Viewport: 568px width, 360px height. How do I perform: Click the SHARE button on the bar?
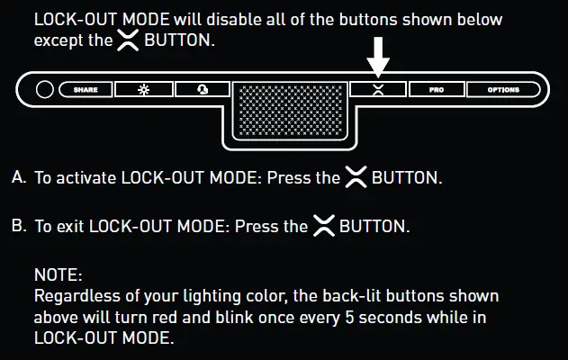coord(85,90)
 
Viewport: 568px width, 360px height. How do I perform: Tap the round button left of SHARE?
coord(44,90)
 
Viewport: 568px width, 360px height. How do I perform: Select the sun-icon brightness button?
coord(142,90)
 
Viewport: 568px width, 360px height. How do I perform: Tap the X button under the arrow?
coord(379,90)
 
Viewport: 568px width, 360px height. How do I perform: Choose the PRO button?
coord(437,90)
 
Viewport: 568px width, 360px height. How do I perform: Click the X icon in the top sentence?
coord(128,41)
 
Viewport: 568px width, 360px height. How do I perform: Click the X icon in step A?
coord(356,177)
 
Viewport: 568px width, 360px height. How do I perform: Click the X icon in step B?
coord(323,226)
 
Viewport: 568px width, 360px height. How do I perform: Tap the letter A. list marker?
coord(18,177)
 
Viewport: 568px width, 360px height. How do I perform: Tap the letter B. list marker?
coord(18,226)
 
